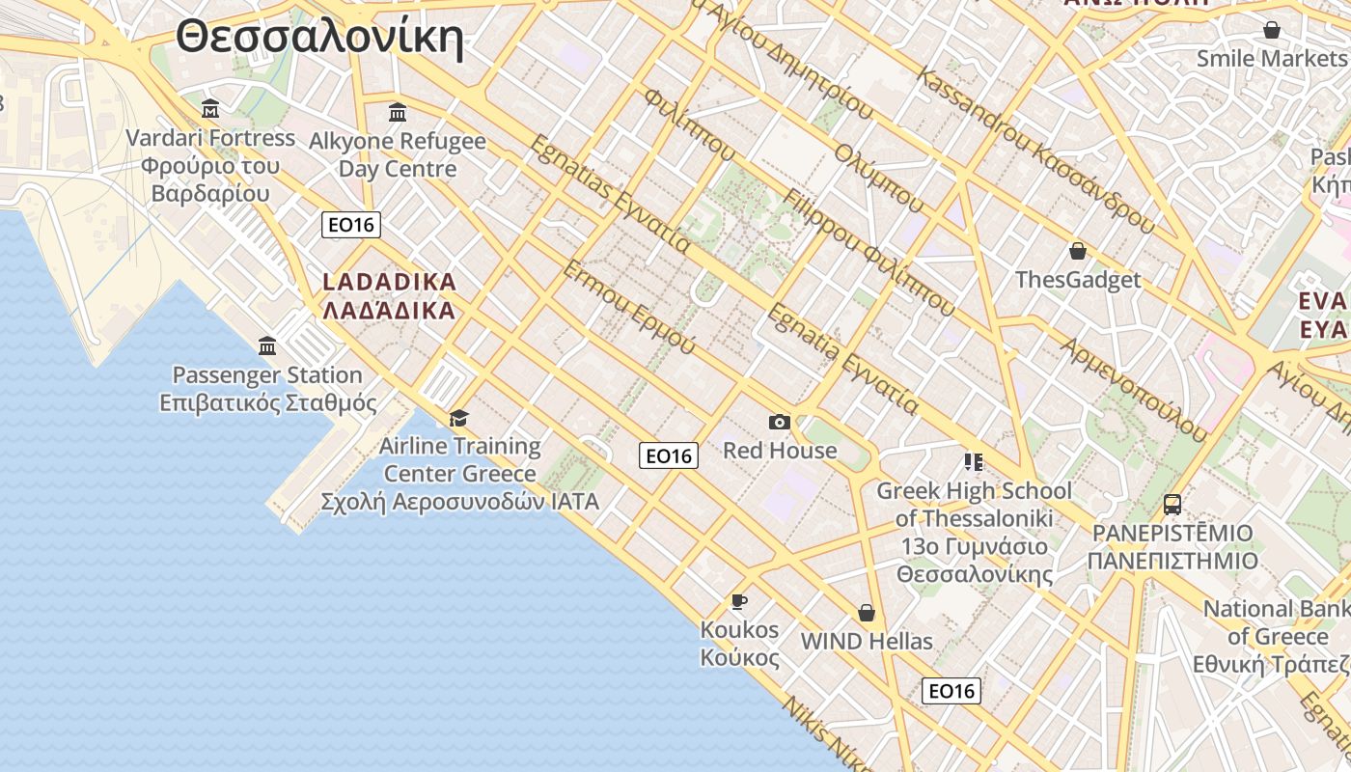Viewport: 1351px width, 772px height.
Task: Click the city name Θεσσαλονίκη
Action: [319, 39]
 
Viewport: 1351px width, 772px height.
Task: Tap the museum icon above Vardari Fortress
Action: [210, 108]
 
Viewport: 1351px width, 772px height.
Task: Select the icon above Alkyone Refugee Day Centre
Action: [398, 113]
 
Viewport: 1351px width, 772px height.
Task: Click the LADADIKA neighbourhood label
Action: [389, 296]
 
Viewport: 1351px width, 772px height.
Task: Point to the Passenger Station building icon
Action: [267, 345]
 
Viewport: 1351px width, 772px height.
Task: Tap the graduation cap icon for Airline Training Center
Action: [458, 418]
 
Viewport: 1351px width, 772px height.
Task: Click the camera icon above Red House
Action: [780, 422]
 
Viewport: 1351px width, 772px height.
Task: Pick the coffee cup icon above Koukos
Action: [739, 601]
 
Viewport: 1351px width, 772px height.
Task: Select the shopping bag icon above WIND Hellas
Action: [867, 613]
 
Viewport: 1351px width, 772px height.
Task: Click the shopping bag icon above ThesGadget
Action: [1078, 251]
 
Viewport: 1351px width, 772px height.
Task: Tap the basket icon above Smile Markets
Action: [1272, 30]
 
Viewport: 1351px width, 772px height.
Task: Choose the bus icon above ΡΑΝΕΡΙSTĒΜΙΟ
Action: [1172, 504]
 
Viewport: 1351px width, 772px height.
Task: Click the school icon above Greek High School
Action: [973, 462]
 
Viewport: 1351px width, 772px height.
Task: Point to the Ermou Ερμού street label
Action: [628, 306]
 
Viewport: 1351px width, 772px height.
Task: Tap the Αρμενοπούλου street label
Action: [1134, 389]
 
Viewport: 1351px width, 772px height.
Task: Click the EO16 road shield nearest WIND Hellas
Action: [951, 691]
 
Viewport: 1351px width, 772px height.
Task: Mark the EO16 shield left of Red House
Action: [669, 455]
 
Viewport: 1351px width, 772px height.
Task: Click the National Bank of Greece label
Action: [1276, 636]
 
